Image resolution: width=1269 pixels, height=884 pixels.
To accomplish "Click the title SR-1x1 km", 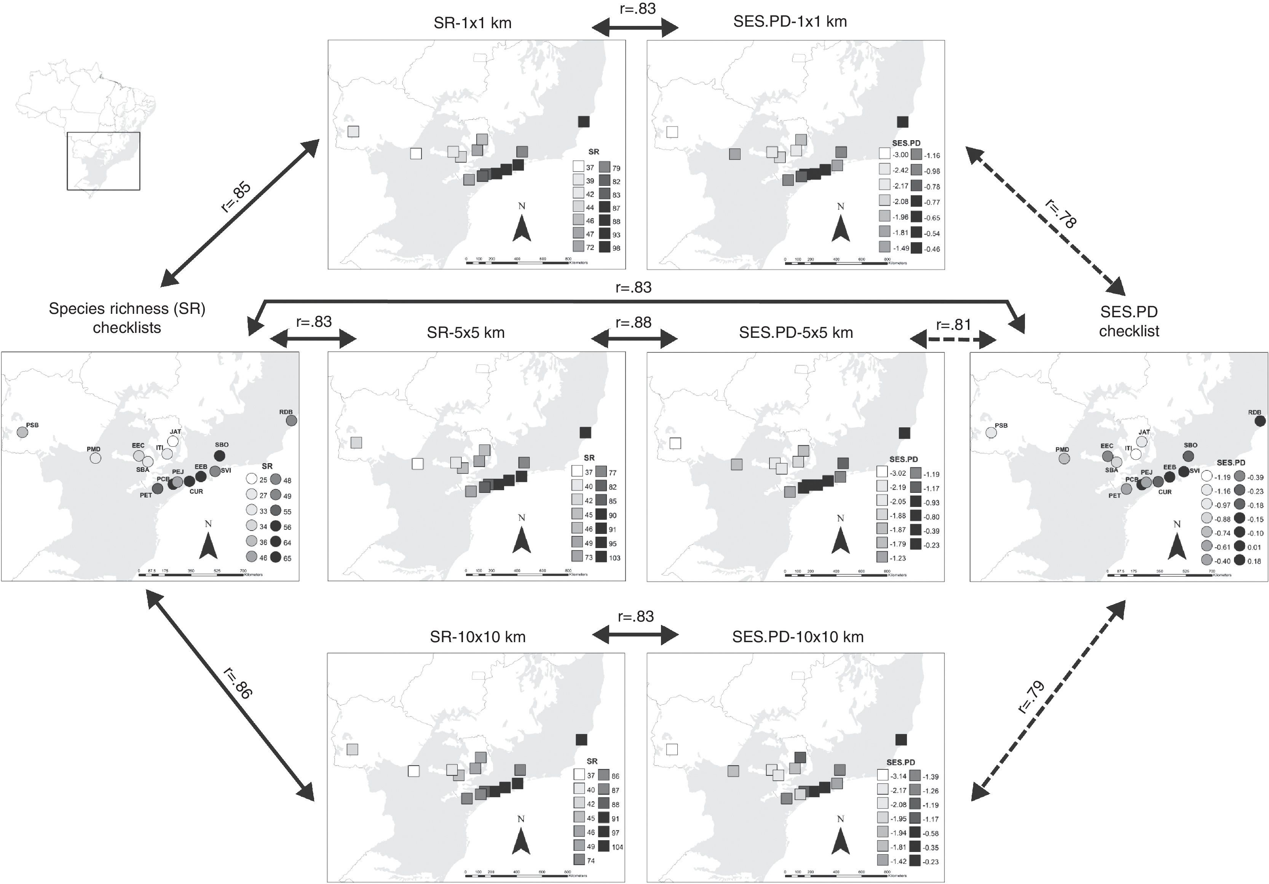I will [x=472, y=23].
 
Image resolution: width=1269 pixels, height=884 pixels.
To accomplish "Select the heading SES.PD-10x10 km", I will [x=798, y=637].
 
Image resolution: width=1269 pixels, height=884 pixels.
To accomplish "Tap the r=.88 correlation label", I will [x=634, y=322].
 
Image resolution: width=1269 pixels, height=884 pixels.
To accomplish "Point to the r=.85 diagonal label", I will [x=236, y=197].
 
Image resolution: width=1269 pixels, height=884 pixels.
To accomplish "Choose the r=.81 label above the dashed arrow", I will [x=953, y=325].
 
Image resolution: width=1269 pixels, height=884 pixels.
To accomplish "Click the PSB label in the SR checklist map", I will [x=33, y=425].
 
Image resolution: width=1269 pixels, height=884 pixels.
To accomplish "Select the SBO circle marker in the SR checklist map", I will [x=219, y=456].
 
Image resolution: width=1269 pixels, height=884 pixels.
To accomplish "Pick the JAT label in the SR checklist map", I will [x=175, y=432].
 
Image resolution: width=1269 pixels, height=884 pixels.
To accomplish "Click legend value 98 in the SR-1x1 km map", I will [x=616, y=248].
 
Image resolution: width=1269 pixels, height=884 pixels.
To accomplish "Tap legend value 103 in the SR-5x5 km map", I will [x=615, y=558].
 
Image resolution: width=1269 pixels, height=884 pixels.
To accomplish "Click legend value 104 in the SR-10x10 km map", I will [x=617, y=847].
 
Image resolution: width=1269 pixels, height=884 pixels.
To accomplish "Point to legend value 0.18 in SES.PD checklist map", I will [x=1254, y=561].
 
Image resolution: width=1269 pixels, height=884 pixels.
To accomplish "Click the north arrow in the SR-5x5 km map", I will [x=522, y=539].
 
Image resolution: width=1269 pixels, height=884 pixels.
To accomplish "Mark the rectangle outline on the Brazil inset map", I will [x=103, y=161].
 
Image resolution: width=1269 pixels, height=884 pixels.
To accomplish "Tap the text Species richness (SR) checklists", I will [x=127, y=318].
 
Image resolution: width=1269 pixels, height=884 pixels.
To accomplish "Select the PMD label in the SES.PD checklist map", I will [x=1062, y=449].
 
